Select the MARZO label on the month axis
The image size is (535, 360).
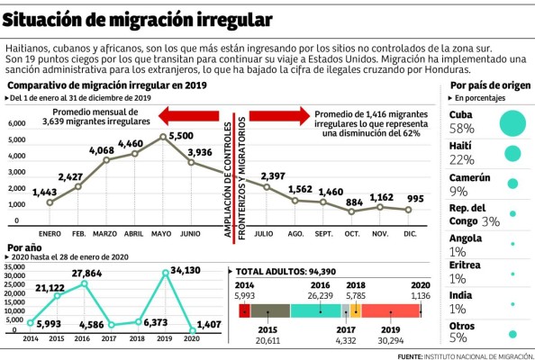(x=106, y=231)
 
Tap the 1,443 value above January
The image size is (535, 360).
(x=44, y=193)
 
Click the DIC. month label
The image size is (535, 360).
(x=410, y=231)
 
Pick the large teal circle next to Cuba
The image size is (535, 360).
(x=512, y=121)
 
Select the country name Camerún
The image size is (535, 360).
(x=472, y=178)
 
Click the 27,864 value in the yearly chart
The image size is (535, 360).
(x=87, y=271)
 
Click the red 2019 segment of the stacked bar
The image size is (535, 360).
(x=390, y=310)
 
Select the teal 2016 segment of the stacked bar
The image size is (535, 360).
(x=315, y=310)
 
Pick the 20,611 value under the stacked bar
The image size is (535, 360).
(x=268, y=342)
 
